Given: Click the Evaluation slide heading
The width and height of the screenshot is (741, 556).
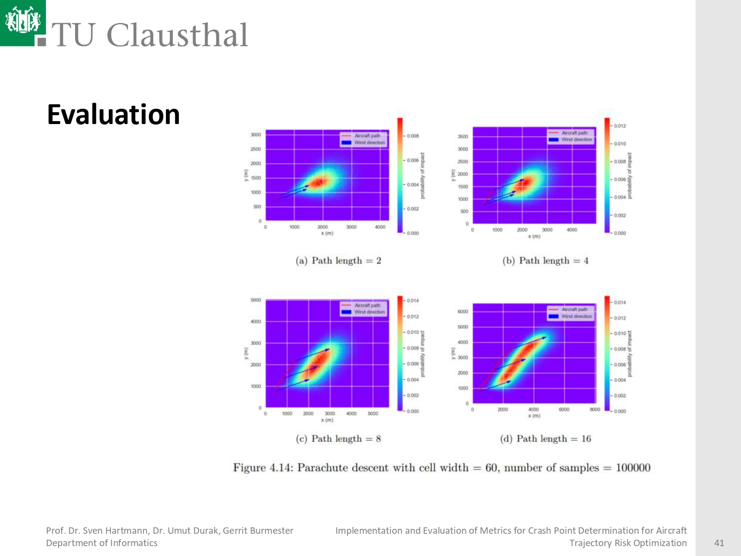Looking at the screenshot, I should (x=113, y=115).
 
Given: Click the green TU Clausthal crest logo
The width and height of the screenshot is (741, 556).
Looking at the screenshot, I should (x=23, y=22).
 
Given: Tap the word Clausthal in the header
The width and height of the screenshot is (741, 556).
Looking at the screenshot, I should (x=177, y=36).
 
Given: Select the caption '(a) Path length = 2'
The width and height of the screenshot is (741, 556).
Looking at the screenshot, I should (x=338, y=260).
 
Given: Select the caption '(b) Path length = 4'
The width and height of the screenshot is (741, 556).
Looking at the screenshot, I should (x=545, y=260).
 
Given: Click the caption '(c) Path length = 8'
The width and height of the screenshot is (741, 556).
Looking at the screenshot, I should (x=338, y=438).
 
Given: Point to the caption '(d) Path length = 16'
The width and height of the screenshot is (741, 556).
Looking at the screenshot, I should (x=545, y=438).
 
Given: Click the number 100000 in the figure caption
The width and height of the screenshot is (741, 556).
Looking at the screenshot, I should (x=633, y=468).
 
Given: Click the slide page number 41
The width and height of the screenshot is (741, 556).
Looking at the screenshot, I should (x=719, y=543).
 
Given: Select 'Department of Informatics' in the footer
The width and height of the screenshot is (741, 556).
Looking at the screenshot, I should (x=102, y=543).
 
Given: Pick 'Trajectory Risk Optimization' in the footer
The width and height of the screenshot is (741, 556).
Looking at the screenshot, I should (x=628, y=543).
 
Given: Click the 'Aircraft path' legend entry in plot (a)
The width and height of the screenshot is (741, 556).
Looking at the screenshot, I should (x=367, y=135).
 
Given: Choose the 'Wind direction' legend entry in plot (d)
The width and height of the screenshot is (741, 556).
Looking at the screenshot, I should (x=576, y=316).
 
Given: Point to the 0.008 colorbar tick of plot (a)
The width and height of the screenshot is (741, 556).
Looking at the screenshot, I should (x=413, y=136).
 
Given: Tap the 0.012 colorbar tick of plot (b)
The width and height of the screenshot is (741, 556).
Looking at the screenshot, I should (x=620, y=126).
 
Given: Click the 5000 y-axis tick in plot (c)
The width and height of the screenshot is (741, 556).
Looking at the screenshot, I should (x=255, y=300).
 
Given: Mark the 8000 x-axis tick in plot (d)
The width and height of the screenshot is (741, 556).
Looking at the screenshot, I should (x=595, y=409).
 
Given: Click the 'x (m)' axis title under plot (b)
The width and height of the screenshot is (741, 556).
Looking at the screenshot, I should (x=534, y=236).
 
